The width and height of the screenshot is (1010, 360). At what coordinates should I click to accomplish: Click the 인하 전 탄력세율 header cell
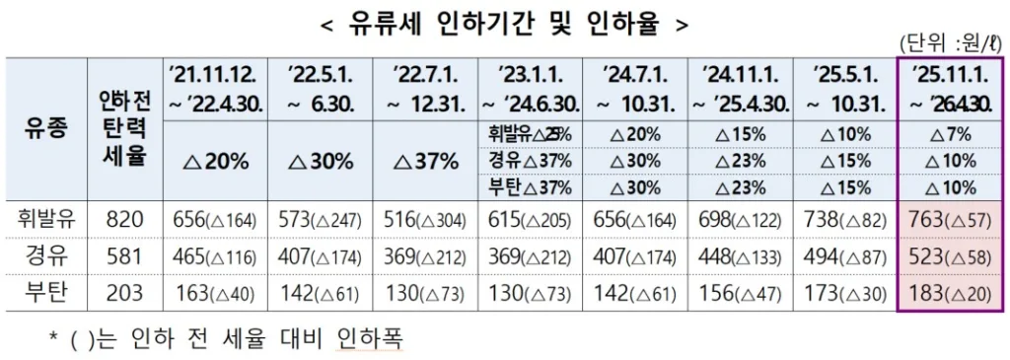123,129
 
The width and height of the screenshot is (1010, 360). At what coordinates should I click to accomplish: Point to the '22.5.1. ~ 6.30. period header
321,89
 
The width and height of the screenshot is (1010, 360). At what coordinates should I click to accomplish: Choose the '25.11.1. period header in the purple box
950,89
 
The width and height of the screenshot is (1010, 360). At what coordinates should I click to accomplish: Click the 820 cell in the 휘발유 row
123,220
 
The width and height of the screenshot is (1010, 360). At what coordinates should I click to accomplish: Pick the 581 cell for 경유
123,256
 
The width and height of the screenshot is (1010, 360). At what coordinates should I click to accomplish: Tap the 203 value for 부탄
123,293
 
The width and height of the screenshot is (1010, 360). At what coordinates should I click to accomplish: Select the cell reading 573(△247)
321,220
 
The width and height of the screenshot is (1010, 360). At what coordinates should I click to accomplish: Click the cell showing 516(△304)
424,220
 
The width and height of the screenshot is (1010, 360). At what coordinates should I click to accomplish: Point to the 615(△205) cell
529,220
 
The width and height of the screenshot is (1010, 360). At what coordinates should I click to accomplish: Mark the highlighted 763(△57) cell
950,220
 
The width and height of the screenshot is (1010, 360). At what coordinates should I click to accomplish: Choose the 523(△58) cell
950,256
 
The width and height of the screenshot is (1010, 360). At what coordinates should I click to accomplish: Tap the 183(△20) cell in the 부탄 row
950,293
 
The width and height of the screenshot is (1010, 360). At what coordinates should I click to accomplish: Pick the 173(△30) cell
843,293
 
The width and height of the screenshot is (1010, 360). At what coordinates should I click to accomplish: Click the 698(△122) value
738,220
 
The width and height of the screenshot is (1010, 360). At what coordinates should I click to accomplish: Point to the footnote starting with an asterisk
227,337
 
